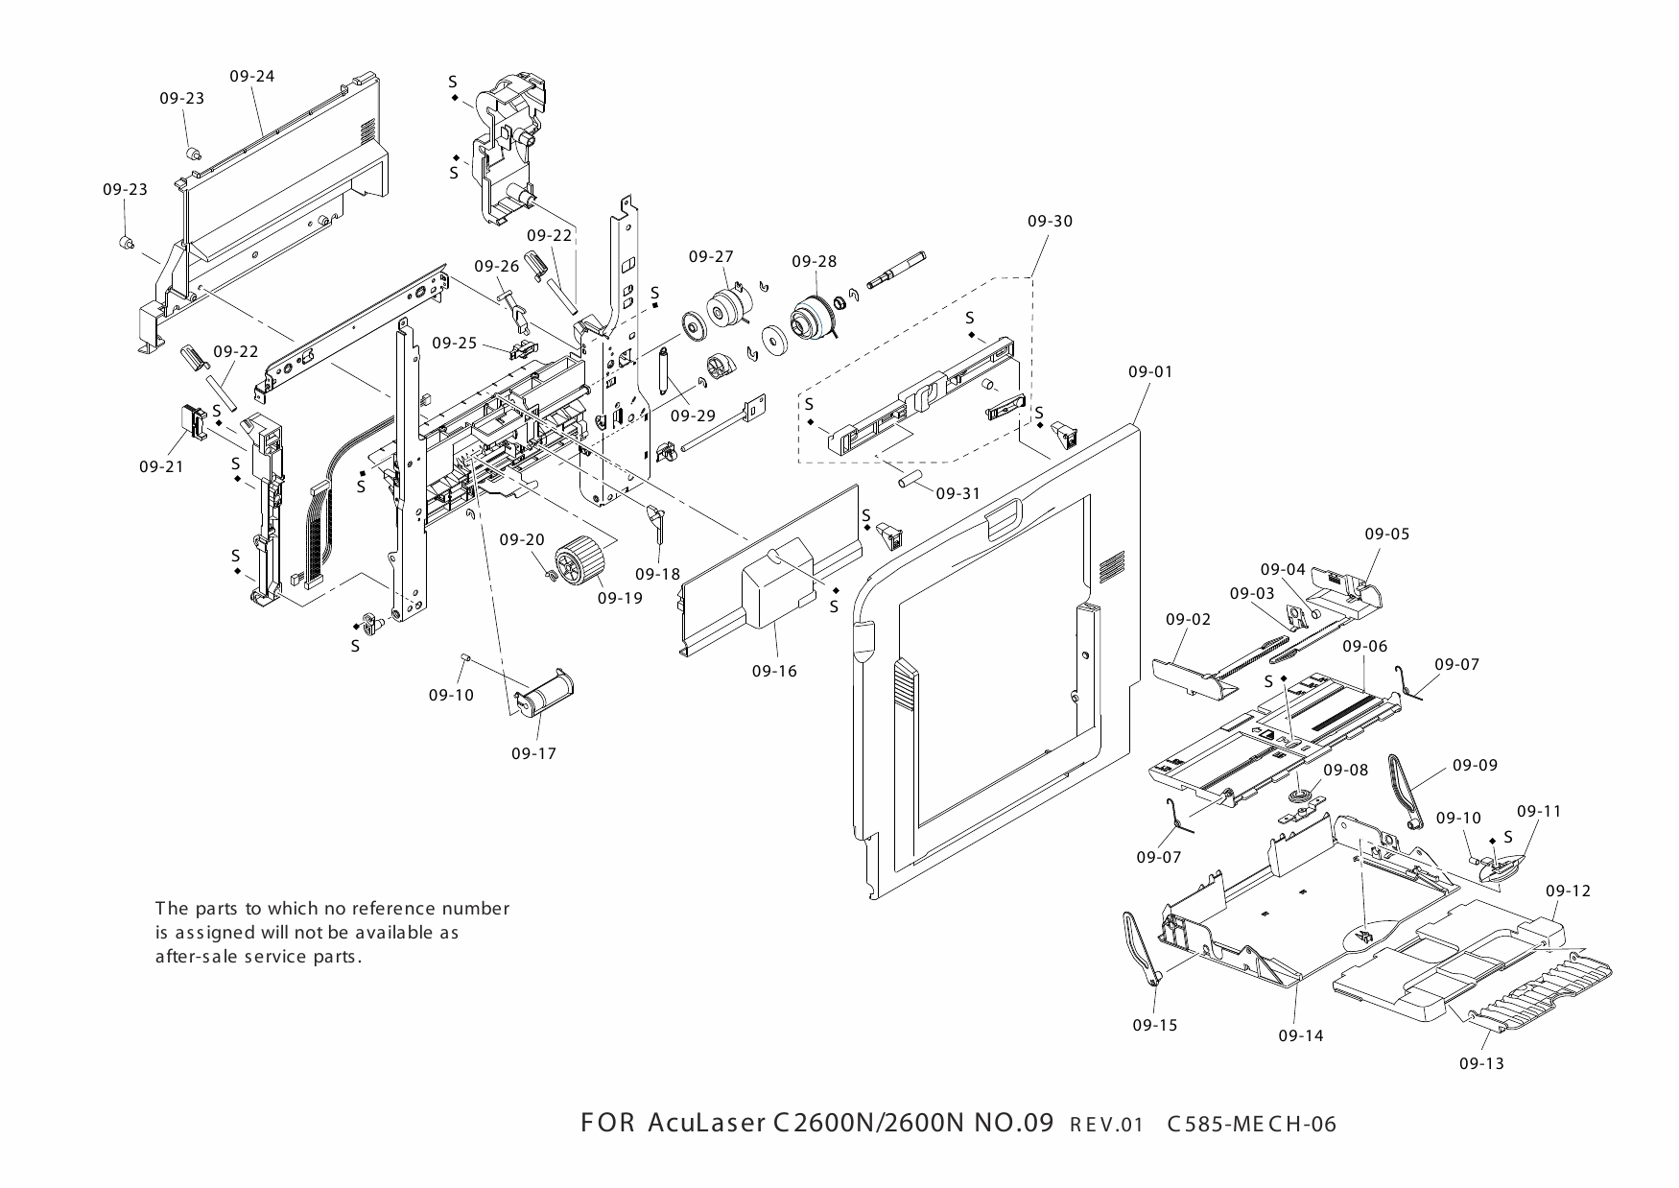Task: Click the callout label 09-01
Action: pyautogui.click(x=1151, y=371)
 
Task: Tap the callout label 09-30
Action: pyautogui.click(x=1050, y=221)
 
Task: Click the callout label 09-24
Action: pyautogui.click(x=252, y=76)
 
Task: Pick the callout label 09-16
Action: pyautogui.click(x=774, y=671)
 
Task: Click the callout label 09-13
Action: pyautogui.click(x=1481, y=1063)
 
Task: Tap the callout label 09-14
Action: pyautogui.click(x=1300, y=1035)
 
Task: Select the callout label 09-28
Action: pyautogui.click(x=814, y=261)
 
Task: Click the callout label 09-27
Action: pyautogui.click(x=711, y=256)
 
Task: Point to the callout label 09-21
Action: pyautogui.click(x=161, y=466)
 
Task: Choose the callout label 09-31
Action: pyautogui.click(x=958, y=493)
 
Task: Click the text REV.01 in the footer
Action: pyautogui.click(x=1106, y=1125)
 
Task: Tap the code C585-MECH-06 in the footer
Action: pyautogui.click(x=1251, y=1124)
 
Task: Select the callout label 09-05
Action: pyautogui.click(x=1387, y=534)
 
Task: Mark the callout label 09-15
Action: pyautogui.click(x=1154, y=1025)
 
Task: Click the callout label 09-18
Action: pyautogui.click(x=657, y=574)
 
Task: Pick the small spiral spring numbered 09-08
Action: pyautogui.click(x=1299, y=797)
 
